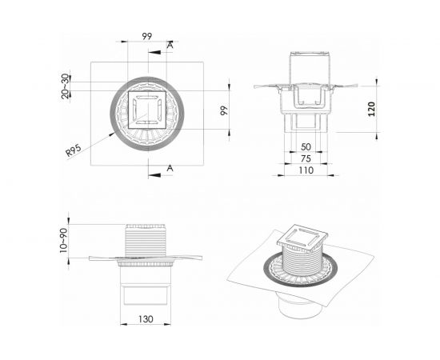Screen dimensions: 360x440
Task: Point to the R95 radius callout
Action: pyautogui.click(x=74, y=150)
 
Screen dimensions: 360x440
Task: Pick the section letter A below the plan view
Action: pyautogui.click(x=170, y=168)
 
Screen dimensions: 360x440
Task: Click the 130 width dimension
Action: pyautogui.click(x=146, y=319)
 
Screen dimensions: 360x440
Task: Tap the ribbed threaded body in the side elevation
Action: pyautogui.click(x=147, y=240)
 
